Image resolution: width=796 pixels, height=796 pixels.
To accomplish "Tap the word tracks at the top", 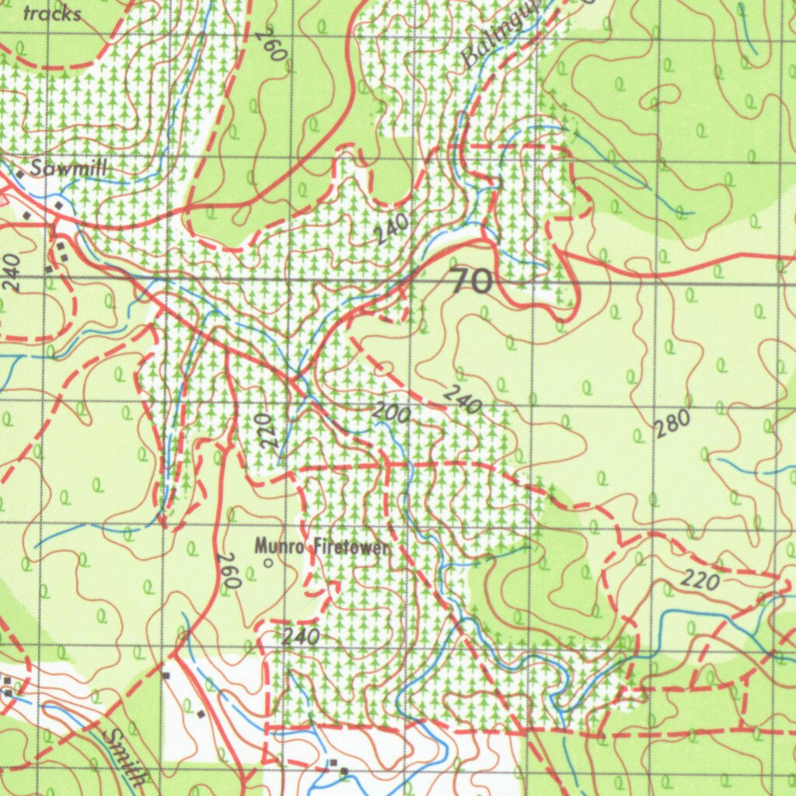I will pos(53,14).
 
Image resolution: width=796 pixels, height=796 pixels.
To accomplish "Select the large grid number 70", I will pos(471,281).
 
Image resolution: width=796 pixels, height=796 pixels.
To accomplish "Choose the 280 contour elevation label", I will pos(672,424).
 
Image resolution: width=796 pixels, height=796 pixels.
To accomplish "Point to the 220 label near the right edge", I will pos(702,578).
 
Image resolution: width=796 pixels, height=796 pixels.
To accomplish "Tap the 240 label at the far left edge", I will pos(12,273).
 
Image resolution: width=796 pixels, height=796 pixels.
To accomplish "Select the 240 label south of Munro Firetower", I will pos(301,637).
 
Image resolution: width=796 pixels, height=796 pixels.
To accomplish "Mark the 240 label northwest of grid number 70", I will pos(390,229).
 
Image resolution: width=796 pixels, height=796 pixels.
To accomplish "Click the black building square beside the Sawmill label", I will pos(21,176).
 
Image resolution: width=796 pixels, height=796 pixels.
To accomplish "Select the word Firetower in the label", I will pos(350,547).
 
